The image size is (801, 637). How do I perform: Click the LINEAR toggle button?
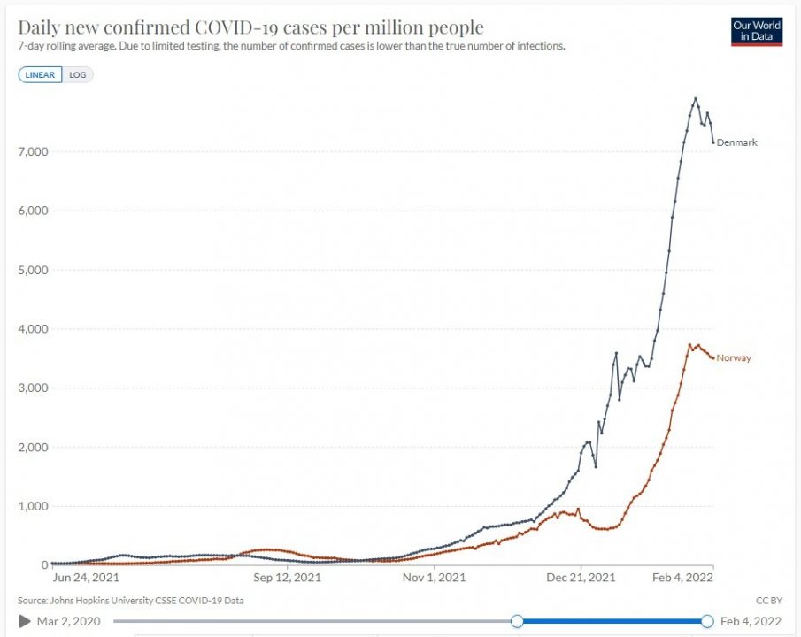(x=41, y=75)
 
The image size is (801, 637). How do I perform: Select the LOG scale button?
(x=78, y=75)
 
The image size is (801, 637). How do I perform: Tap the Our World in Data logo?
(x=757, y=31)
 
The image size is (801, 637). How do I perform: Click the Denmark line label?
(x=736, y=142)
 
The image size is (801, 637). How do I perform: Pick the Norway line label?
(x=735, y=358)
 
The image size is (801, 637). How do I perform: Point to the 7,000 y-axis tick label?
(x=33, y=152)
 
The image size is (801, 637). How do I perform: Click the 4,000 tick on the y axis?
(x=33, y=329)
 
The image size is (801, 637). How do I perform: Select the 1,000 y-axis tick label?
(x=33, y=506)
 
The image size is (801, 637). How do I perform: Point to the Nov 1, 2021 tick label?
(x=433, y=579)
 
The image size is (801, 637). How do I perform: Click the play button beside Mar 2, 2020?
(x=25, y=622)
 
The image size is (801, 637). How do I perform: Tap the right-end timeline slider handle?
(x=707, y=622)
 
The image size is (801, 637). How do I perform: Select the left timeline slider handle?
(x=517, y=622)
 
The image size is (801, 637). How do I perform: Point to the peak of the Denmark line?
(x=696, y=98)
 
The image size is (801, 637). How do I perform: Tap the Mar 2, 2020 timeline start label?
(x=69, y=622)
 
